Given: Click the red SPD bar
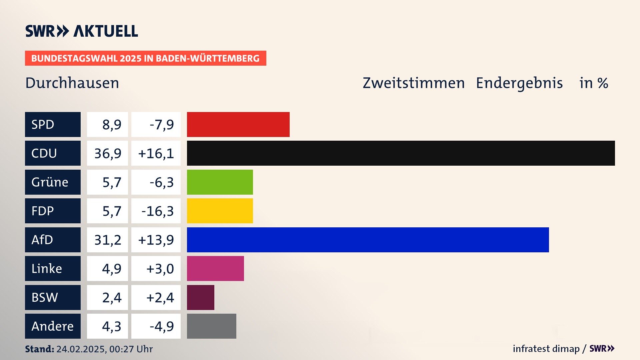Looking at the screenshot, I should [x=238, y=124].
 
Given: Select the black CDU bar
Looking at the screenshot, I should [x=401, y=153].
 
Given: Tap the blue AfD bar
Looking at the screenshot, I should [x=368, y=240].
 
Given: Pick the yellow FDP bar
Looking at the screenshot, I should [x=220, y=211].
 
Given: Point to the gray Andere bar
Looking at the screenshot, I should [x=211, y=326].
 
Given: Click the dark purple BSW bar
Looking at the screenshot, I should [x=200, y=297].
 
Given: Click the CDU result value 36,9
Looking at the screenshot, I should [x=107, y=153].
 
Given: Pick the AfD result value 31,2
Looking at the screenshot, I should [x=107, y=240].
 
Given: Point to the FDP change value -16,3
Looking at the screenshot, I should [x=157, y=211].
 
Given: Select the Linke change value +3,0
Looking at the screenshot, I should [x=160, y=269].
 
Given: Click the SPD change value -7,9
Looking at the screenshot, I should [x=162, y=125].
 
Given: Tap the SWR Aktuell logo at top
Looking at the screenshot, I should [x=82, y=31].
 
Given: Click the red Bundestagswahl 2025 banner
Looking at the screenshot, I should [x=145, y=58].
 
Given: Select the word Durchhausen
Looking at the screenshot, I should [x=72, y=83].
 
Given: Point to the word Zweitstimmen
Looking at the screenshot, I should [x=414, y=83].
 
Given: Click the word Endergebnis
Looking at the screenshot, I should [x=519, y=83].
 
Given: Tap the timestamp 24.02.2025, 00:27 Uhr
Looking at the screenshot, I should [x=104, y=349].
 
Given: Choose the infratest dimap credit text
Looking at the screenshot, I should [x=546, y=349].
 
